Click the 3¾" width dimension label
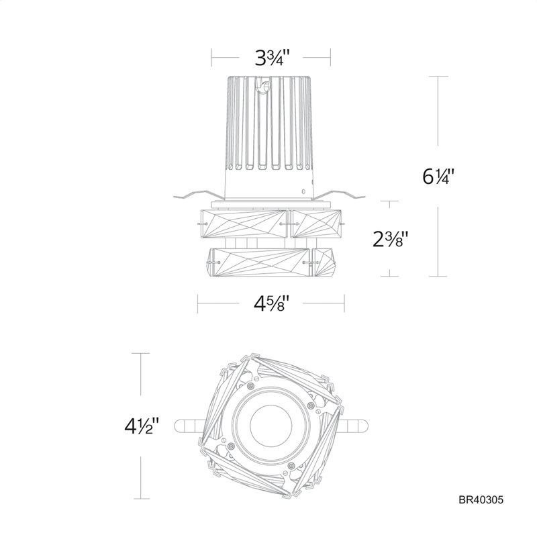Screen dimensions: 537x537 tap(273, 58)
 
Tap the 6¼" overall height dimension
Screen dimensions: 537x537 tap(438, 177)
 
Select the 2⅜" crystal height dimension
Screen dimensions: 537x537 tap(391, 239)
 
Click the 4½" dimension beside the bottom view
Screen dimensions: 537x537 tap(142, 426)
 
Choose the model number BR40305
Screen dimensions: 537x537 tap(481, 500)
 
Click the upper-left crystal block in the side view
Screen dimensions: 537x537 tap(244, 224)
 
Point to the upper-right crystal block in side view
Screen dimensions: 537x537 tap(315, 224)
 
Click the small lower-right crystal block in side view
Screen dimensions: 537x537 tap(324, 262)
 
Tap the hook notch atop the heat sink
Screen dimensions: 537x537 tap(263, 85)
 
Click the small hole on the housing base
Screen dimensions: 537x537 tap(303, 191)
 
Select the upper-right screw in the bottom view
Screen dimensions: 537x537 tap(311, 405)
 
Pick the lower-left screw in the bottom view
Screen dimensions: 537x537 tap(231, 446)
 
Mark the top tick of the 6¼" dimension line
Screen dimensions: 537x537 tap(438, 77)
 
